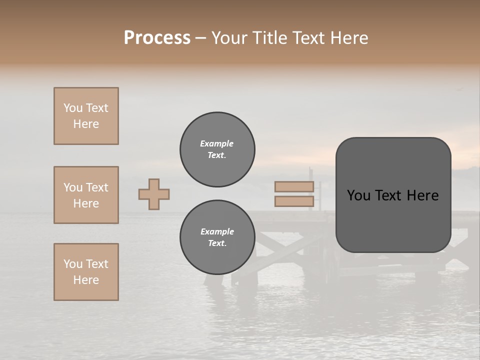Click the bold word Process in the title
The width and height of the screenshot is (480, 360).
[x=157, y=38]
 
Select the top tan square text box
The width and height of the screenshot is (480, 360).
[x=86, y=116]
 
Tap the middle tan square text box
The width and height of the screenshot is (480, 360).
[x=86, y=195]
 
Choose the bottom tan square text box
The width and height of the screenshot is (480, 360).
[x=86, y=272]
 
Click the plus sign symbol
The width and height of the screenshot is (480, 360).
[x=154, y=194]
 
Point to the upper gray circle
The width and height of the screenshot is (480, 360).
[x=217, y=149]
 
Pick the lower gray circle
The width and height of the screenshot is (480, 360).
[x=217, y=237]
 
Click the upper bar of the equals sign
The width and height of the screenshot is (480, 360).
[x=294, y=186]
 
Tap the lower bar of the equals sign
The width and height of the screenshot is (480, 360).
[x=294, y=201]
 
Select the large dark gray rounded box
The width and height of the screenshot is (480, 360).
[x=393, y=195]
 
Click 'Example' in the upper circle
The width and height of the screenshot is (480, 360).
[x=217, y=143]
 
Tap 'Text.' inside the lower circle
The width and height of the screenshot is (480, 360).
[x=217, y=243]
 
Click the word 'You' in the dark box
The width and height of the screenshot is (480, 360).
[x=358, y=195]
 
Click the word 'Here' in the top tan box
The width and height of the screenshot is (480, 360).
[x=86, y=124]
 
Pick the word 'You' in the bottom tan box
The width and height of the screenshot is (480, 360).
[x=73, y=264]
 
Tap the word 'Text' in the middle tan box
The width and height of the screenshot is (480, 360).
[x=97, y=187]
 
